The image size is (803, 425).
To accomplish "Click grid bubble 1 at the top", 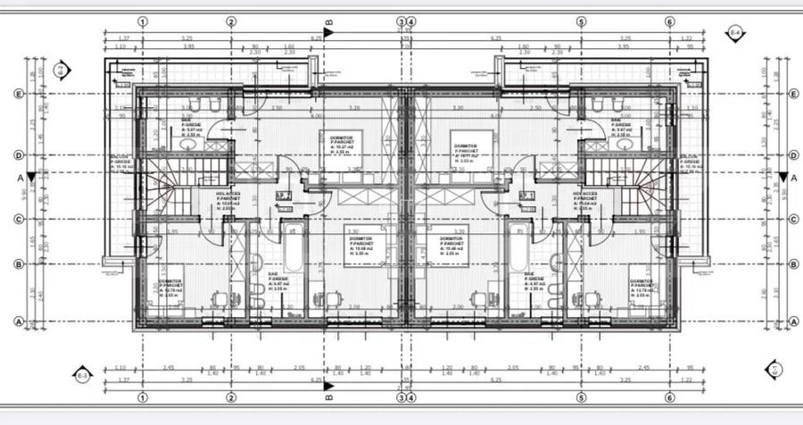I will tap(144, 21).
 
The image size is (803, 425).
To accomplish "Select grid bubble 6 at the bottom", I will tap(669, 397).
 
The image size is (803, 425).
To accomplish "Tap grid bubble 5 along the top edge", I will tap(581, 21).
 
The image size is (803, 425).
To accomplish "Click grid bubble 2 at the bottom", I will tap(231, 397).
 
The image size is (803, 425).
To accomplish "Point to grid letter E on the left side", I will tap(17, 93).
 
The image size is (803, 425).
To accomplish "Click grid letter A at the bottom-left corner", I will tap(17, 321).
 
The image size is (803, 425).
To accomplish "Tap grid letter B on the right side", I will tap(792, 263).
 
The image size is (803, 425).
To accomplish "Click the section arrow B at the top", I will tap(327, 31).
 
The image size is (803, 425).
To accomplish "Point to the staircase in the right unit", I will tap(641, 183).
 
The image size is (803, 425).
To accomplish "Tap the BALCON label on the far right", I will tap(689, 161).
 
